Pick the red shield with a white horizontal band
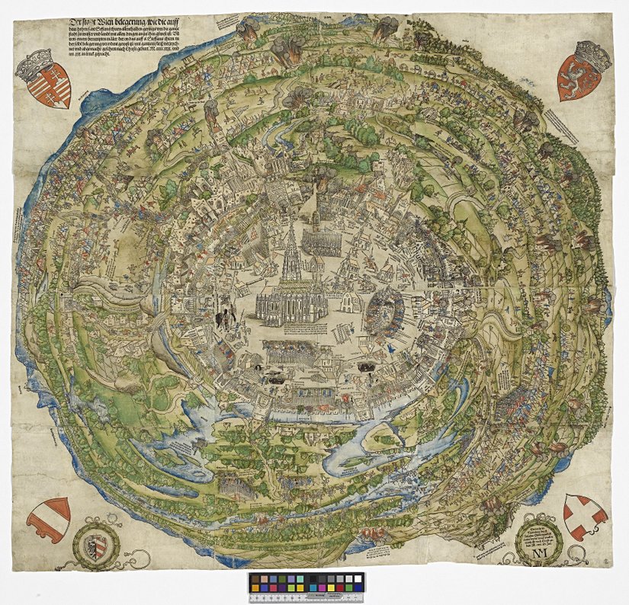click(x=49, y=517)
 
